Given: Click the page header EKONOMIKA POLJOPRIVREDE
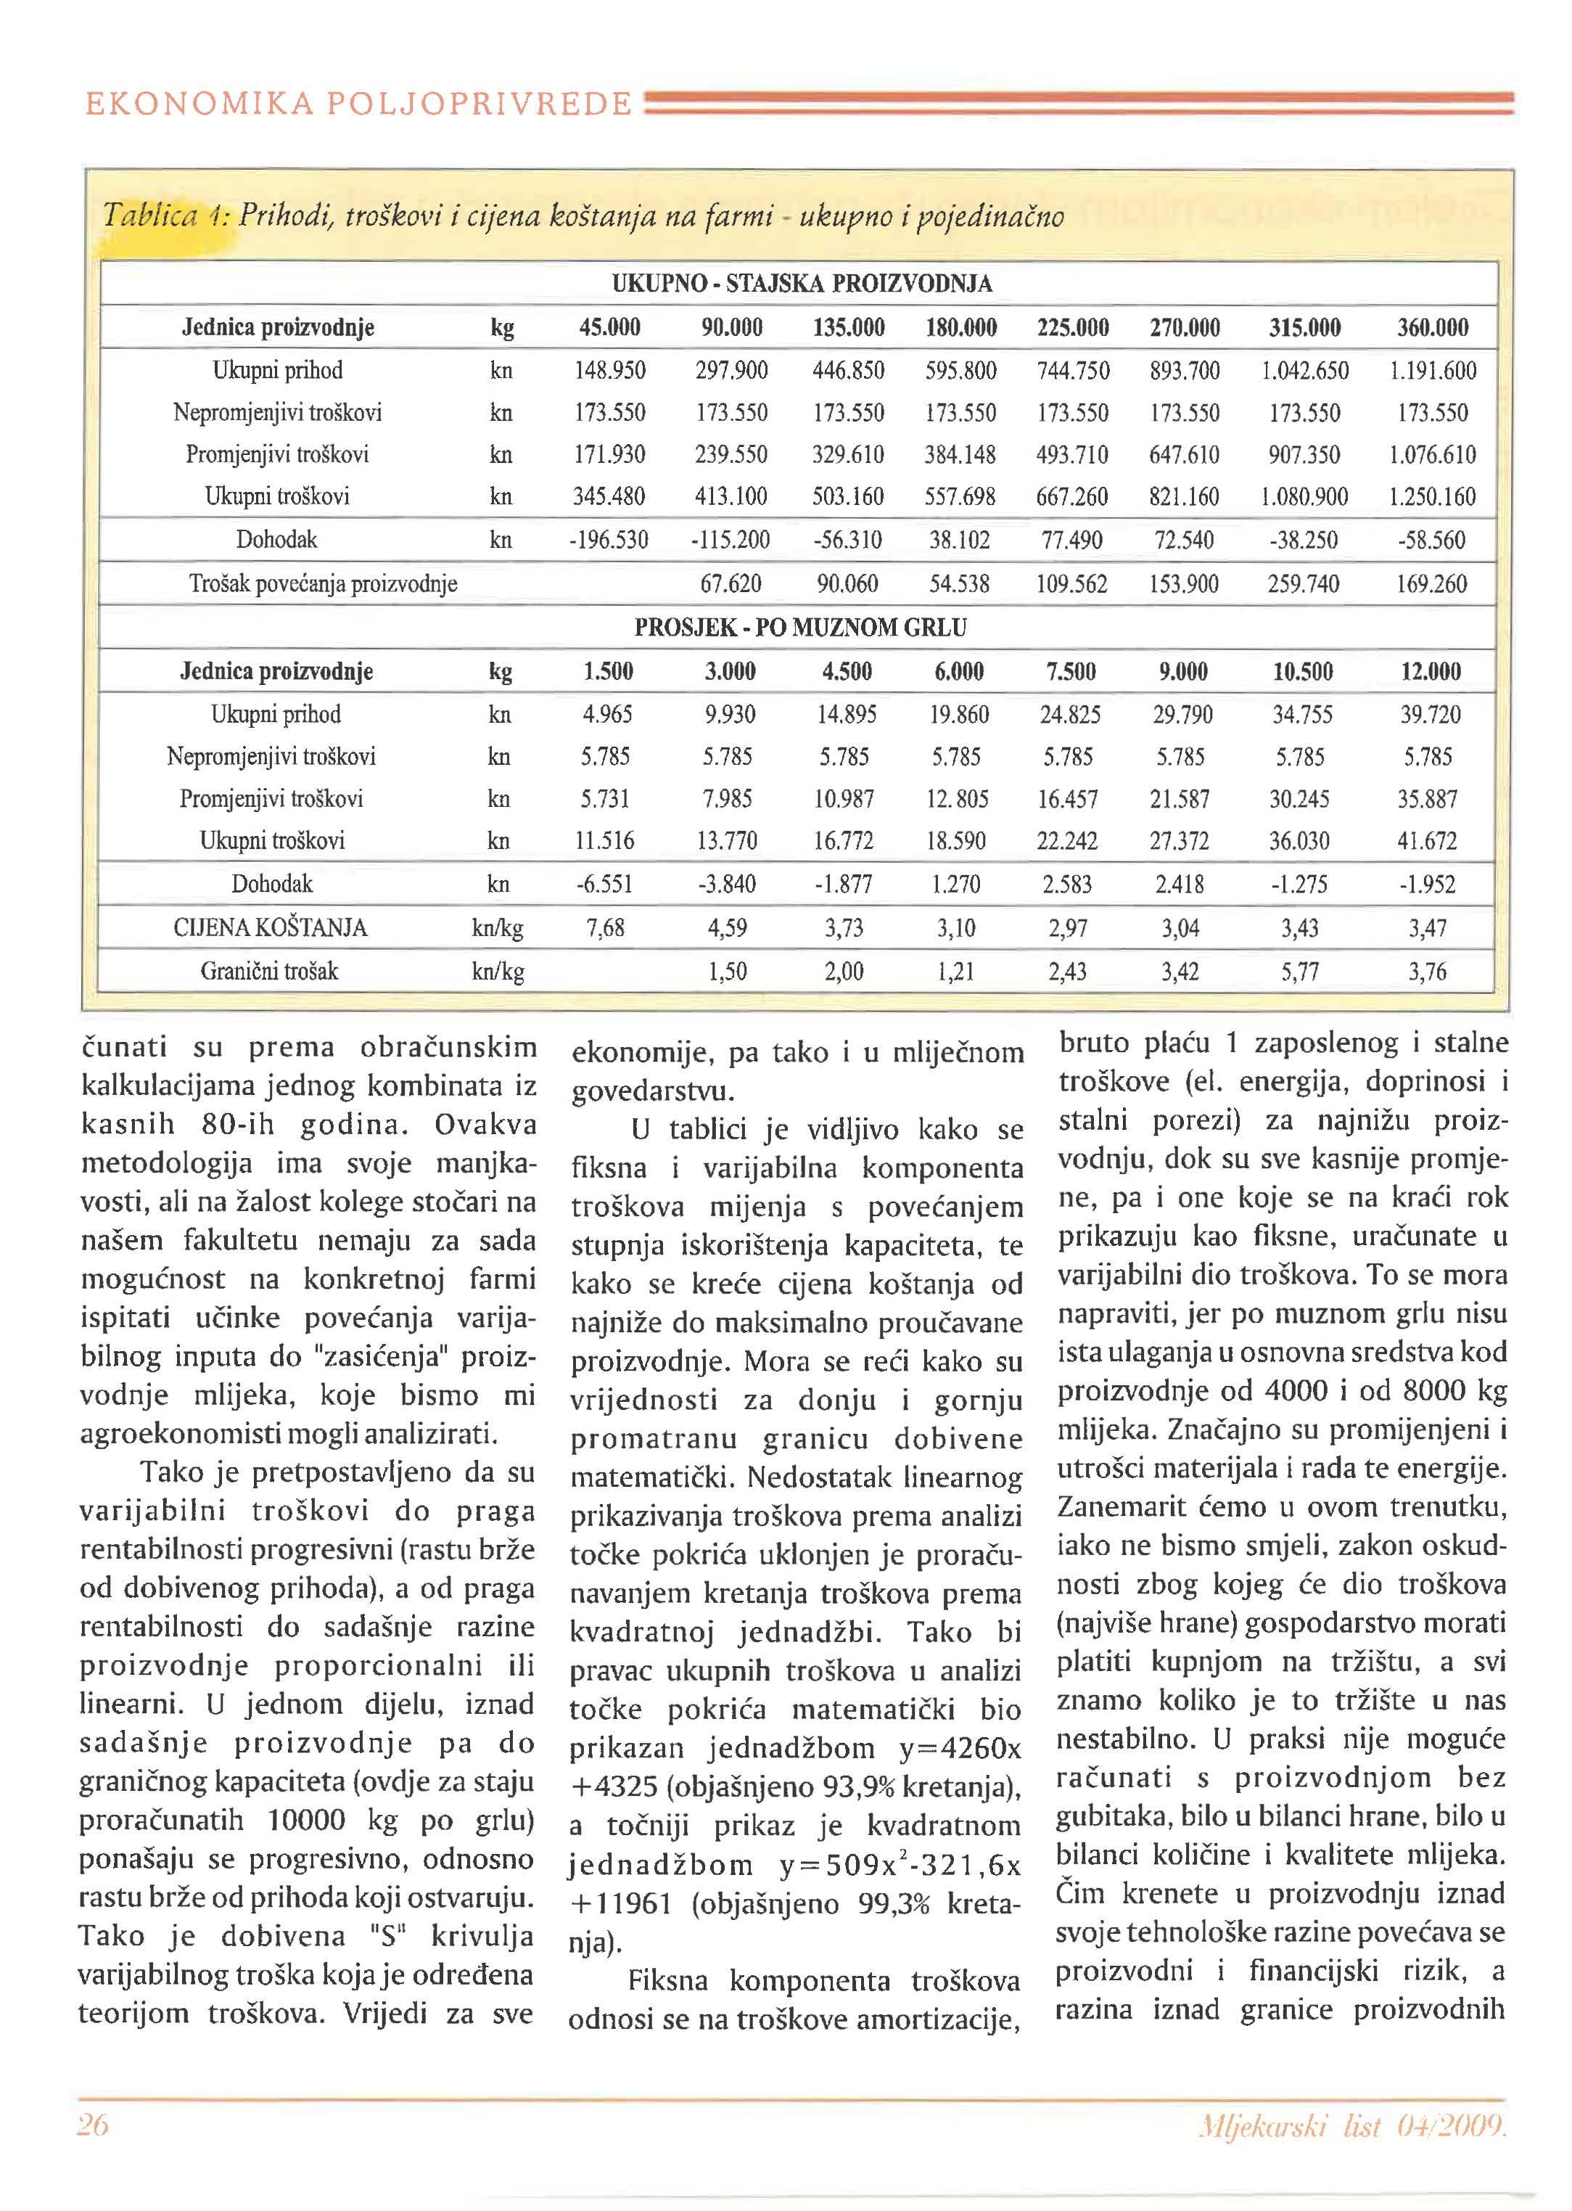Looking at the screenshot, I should pyautogui.click(x=358, y=104).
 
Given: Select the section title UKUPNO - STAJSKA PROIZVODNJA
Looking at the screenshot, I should pyautogui.click(x=802, y=284).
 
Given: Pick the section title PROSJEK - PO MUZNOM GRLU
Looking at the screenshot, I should pyautogui.click(x=799, y=627).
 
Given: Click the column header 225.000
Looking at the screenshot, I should pyautogui.click(x=1072, y=327).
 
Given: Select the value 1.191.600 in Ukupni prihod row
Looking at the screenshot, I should pyautogui.click(x=1433, y=371).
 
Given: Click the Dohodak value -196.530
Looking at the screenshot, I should pyautogui.click(x=608, y=540).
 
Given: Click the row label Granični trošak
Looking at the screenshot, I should pyautogui.click(x=269, y=971).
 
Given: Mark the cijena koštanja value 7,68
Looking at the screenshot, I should pyautogui.click(x=606, y=928).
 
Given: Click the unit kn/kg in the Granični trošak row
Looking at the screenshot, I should pyautogui.click(x=498, y=971).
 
